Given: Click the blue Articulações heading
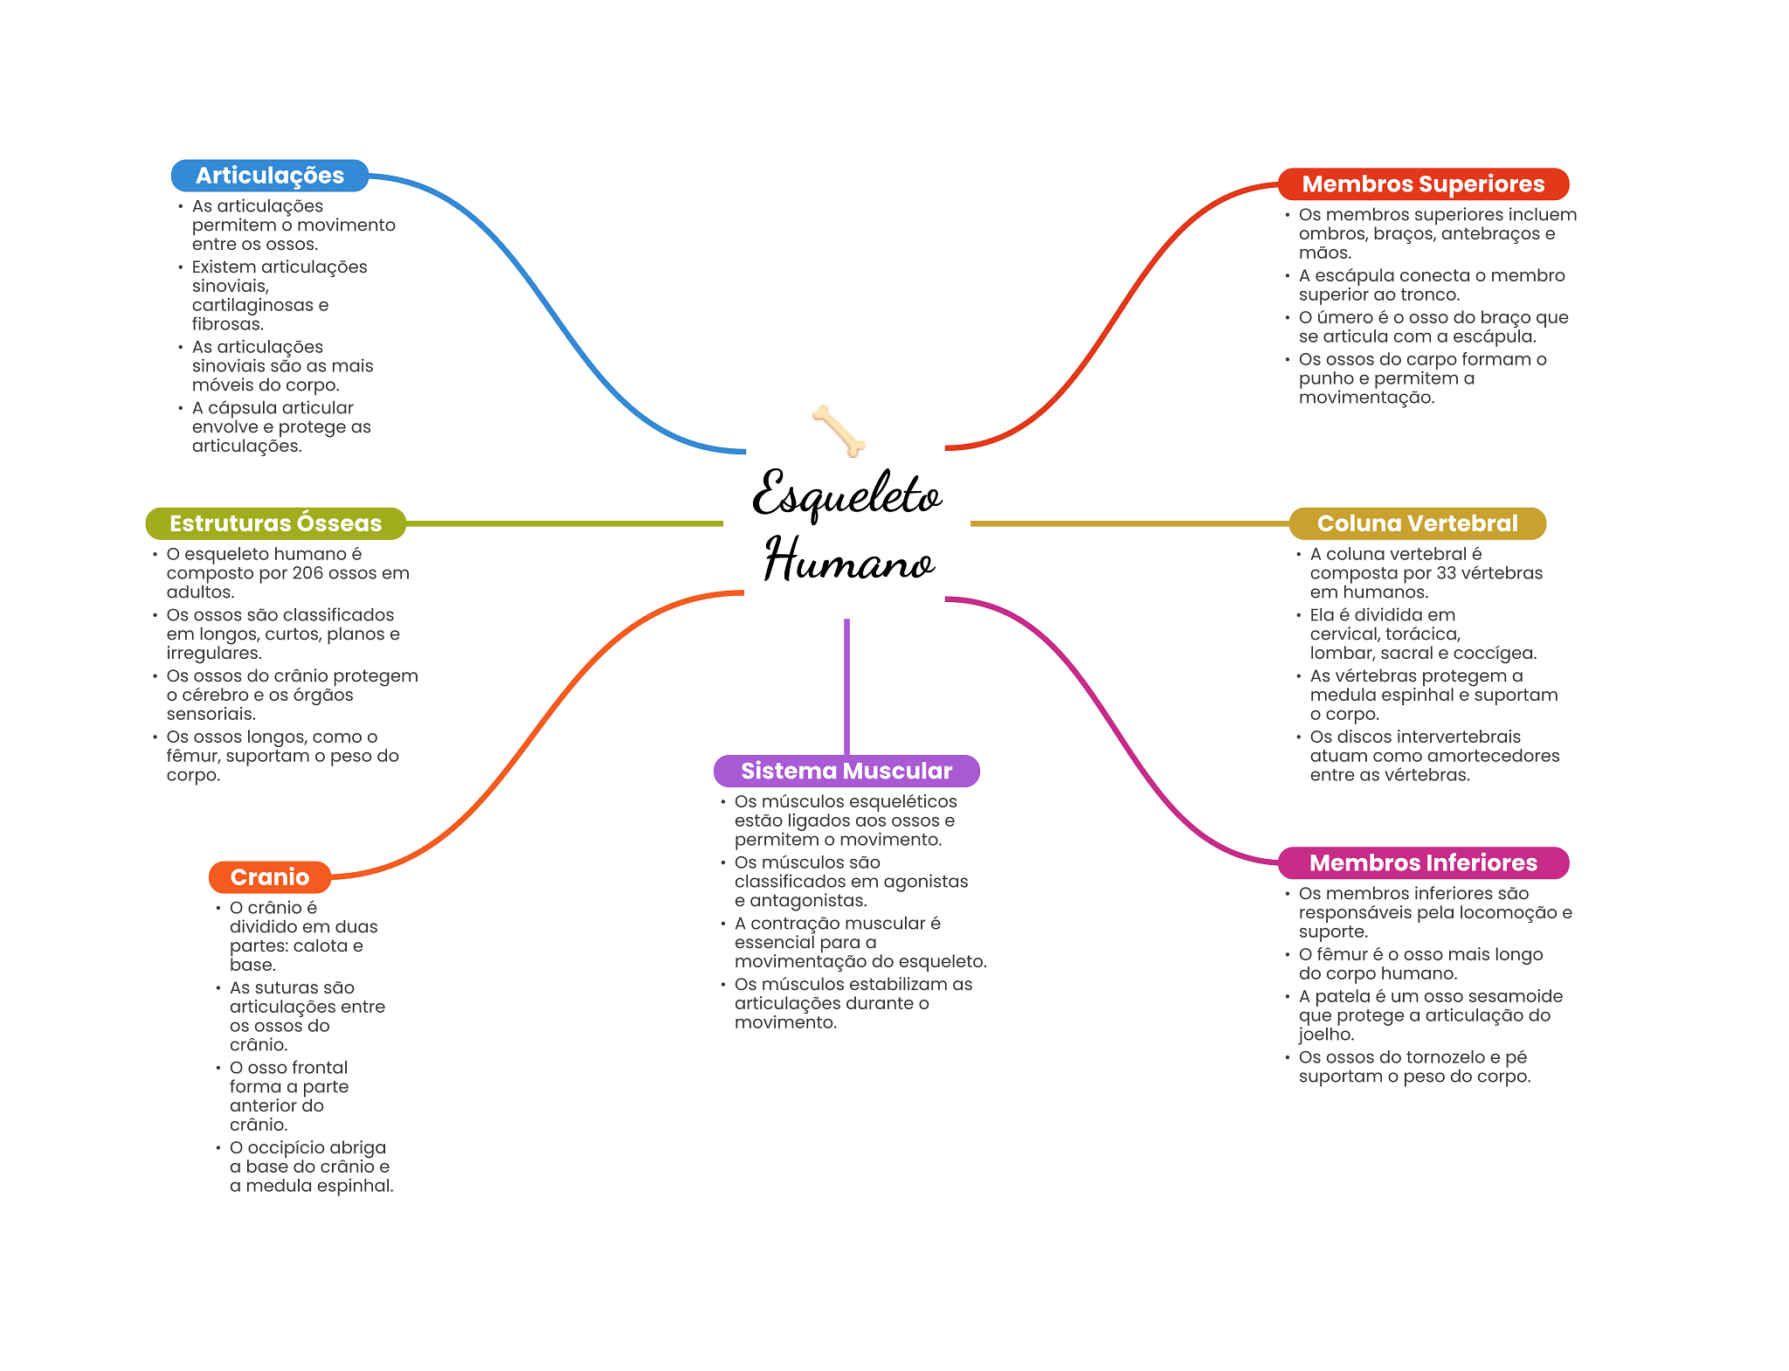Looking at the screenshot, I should (269, 176).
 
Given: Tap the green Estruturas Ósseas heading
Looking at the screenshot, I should (275, 523).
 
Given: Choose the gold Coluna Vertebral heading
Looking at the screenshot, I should (1417, 523).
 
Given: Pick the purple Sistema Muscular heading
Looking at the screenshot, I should (846, 771).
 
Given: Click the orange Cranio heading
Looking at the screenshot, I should (269, 877).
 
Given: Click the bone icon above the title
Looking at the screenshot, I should (839, 430).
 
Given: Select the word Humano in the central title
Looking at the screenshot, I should (849, 560).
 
